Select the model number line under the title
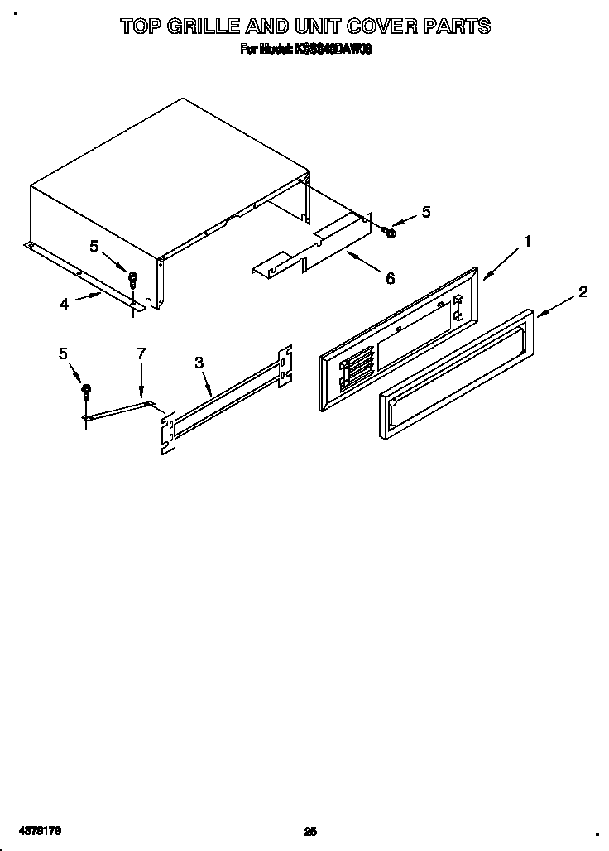coord(305,49)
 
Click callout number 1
coord(526,242)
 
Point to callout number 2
coord(583,291)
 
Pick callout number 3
coord(199,362)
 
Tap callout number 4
coord(64,304)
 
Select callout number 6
coord(390,278)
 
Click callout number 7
coord(141,353)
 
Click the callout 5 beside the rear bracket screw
coord(425,212)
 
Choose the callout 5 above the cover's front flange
coord(94,246)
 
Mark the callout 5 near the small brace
coord(64,353)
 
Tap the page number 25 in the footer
coord(310,831)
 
